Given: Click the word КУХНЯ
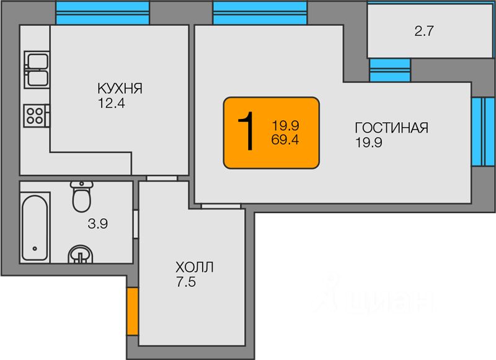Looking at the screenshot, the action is click(120, 89).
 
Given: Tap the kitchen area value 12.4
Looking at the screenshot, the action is click(112, 103).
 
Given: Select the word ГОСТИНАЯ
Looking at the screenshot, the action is click(392, 128).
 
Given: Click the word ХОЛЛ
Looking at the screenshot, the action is click(194, 268).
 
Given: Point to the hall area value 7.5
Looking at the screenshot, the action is click(186, 281).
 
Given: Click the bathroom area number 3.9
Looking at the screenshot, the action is click(98, 224).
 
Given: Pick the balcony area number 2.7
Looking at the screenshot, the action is click(424, 31).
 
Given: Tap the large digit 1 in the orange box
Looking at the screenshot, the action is click(246, 131).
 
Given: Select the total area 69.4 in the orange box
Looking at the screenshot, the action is click(285, 139).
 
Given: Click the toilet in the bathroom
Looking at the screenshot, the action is click(82, 196).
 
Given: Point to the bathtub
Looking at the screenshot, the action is click(35, 227).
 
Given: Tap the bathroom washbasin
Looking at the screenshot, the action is click(81, 254).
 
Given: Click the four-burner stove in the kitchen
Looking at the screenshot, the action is click(36, 116).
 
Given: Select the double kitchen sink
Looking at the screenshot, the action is click(37, 70).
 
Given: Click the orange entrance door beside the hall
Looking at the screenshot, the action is click(133, 311).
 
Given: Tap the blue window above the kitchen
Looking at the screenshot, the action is click(102, 13).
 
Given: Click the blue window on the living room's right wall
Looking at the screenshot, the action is click(483, 131).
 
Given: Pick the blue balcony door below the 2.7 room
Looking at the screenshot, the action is click(390, 70).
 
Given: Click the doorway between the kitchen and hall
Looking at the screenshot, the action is click(162, 178).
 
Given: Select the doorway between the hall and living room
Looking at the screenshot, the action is click(221, 206).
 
